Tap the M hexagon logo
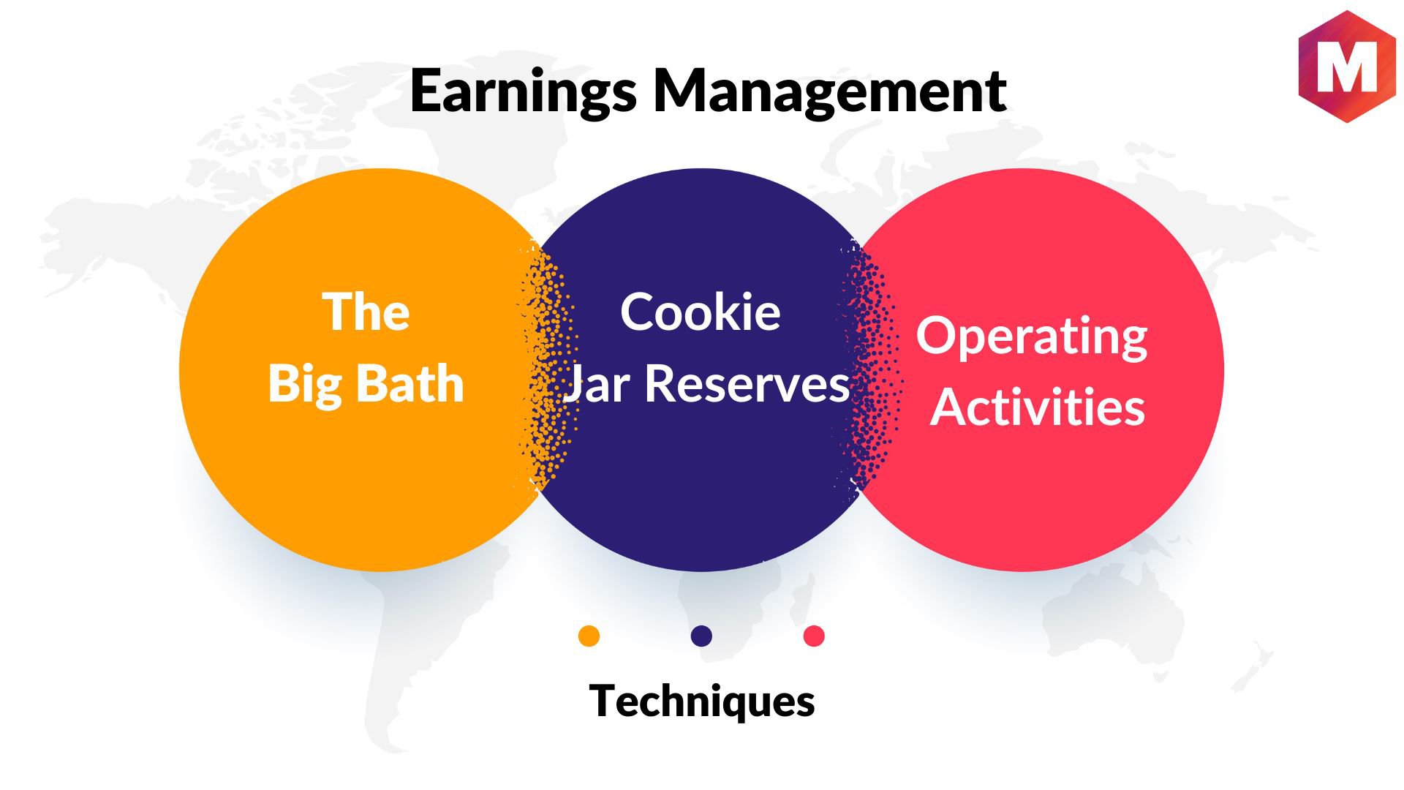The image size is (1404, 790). tap(1347, 67)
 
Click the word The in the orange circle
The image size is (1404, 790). tap(366, 312)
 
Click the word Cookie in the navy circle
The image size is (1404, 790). tap(701, 312)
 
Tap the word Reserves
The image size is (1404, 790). tap(747, 384)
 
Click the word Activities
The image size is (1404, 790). tap(1038, 407)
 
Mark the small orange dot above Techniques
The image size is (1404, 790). tap(589, 636)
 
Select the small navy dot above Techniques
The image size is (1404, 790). tap(701, 636)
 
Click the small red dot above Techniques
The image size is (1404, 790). tap(814, 636)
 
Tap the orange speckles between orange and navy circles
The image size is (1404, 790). tap(548, 366)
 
